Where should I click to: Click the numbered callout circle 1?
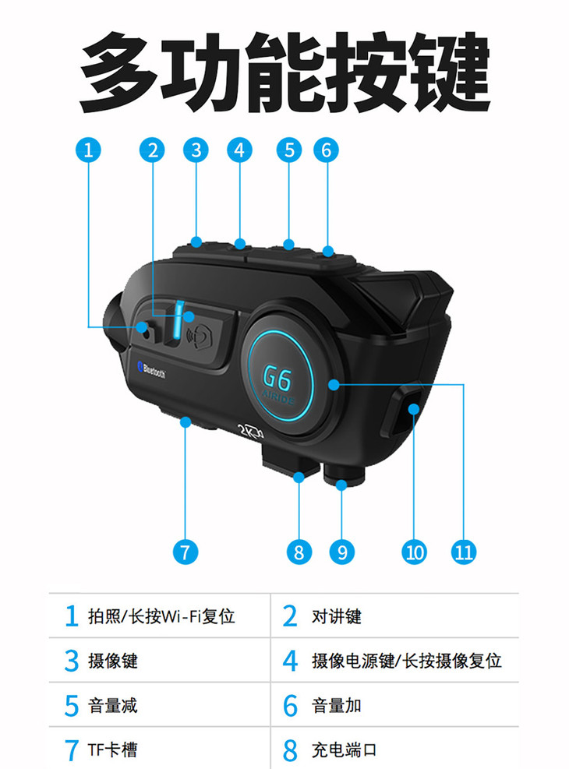pyautogui.click(x=88, y=150)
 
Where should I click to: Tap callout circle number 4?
pyautogui.click(x=239, y=150)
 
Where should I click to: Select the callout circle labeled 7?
pyautogui.click(x=186, y=552)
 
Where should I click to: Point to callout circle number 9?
pyautogui.click(x=342, y=552)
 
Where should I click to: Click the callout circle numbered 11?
pyautogui.click(x=464, y=552)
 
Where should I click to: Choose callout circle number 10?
pyautogui.click(x=414, y=552)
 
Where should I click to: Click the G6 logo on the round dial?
pyautogui.click(x=277, y=378)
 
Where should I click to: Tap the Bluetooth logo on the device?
pyautogui.click(x=151, y=370)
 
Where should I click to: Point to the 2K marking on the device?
pyautogui.click(x=251, y=430)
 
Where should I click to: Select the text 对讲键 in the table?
pyautogui.click(x=337, y=616)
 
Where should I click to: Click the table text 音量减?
pyautogui.click(x=113, y=706)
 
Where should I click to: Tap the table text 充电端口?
pyautogui.click(x=345, y=750)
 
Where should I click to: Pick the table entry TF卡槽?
pyautogui.click(x=113, y=750)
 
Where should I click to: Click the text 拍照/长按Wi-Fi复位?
pyautogui.click(x=162, y=616)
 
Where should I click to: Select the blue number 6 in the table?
pyautogui.click(x=291, y=706)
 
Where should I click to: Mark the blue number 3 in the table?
pyautogui.click(x=72, y=661)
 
